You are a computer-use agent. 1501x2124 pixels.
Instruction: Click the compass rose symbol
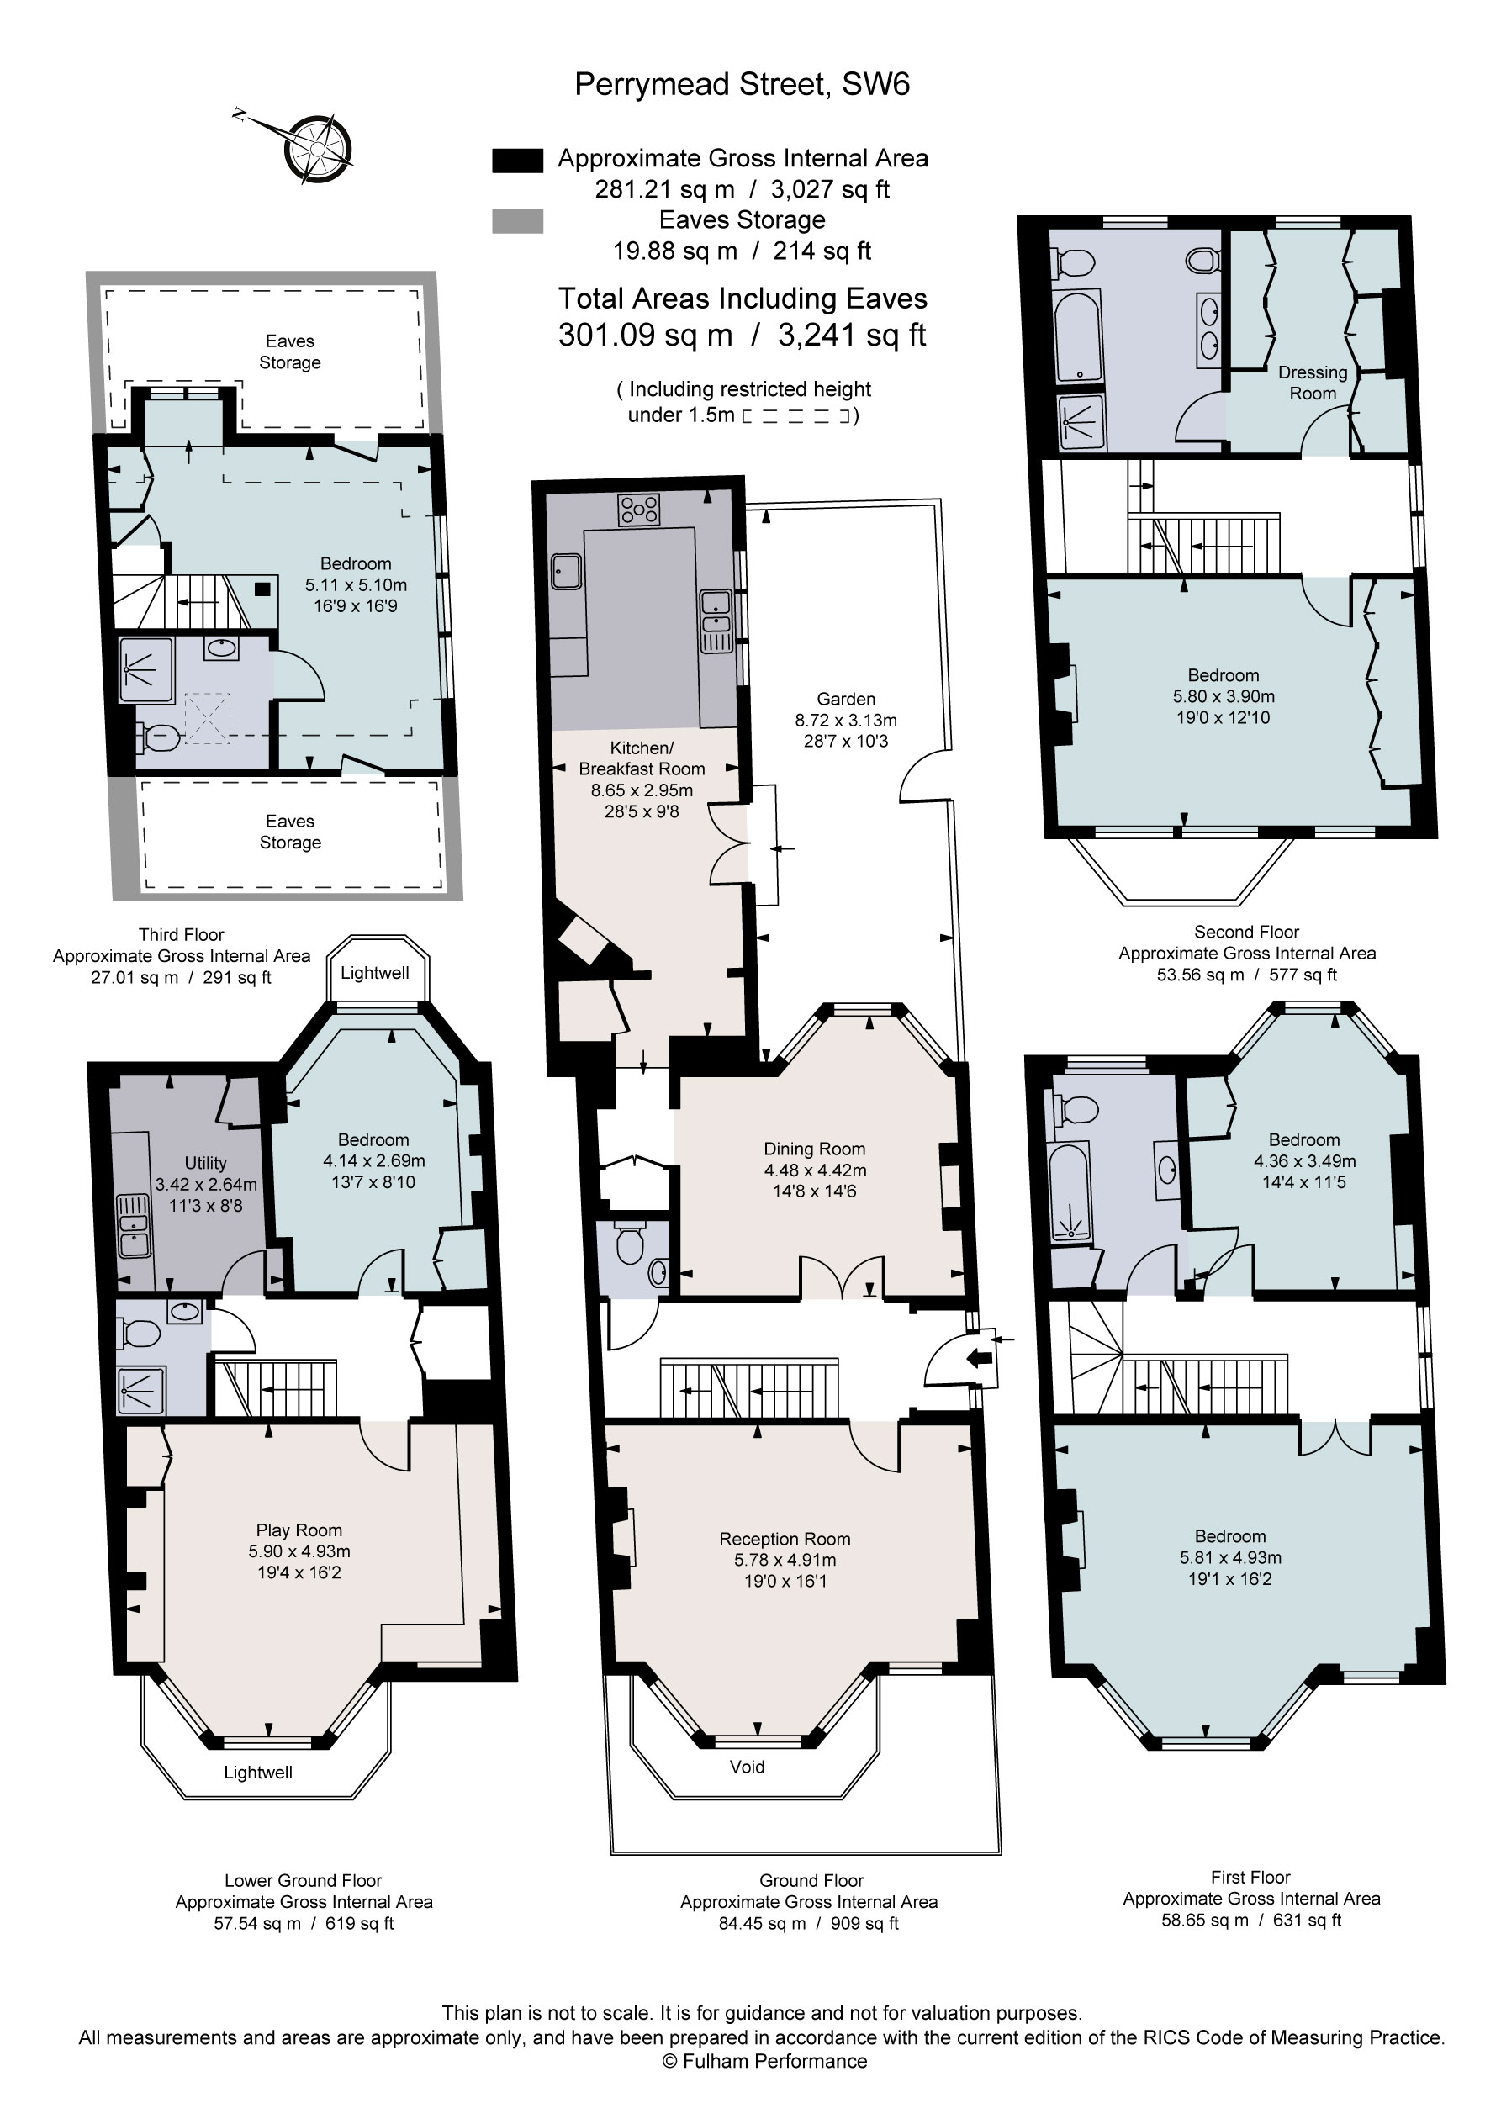click(317, 148)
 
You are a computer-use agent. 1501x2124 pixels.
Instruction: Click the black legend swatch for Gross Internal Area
click(517, 160)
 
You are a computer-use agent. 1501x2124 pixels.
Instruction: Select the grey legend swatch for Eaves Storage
click(517, 221)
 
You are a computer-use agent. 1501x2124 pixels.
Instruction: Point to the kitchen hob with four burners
click(639, 509)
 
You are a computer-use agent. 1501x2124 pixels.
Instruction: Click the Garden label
click(845, 700)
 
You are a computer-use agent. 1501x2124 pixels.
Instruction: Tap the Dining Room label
click(814, 1149)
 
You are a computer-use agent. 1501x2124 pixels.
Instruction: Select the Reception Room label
click(784, 1540)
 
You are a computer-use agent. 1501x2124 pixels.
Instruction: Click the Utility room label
click(204, 1163)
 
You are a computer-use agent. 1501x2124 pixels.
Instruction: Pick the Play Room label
click(299, 1530)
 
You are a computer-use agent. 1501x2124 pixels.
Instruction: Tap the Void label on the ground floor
click(747, 1767)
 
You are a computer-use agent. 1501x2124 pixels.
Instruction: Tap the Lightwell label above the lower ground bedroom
click(374, 972)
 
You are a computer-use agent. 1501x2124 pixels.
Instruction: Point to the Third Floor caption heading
click(182, 934)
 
